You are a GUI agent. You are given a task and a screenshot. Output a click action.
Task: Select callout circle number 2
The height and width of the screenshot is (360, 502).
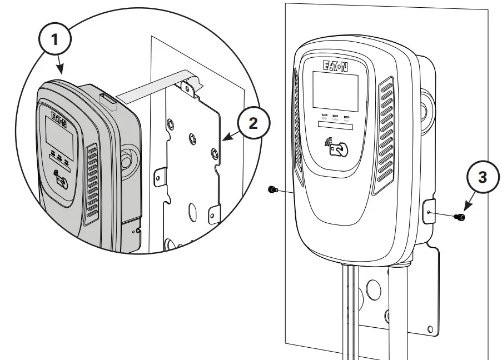(x=252, y=124)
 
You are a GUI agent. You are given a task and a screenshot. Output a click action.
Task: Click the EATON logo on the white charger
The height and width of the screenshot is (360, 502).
(x=335, y=66)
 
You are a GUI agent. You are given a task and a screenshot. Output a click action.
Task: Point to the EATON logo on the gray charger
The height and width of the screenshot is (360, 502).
(x=59, y=118)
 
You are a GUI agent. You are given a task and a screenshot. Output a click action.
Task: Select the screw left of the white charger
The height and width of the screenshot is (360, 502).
(x=272, y=190)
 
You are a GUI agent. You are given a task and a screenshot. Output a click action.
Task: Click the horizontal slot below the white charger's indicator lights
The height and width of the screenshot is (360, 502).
(x=336, y=127)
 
